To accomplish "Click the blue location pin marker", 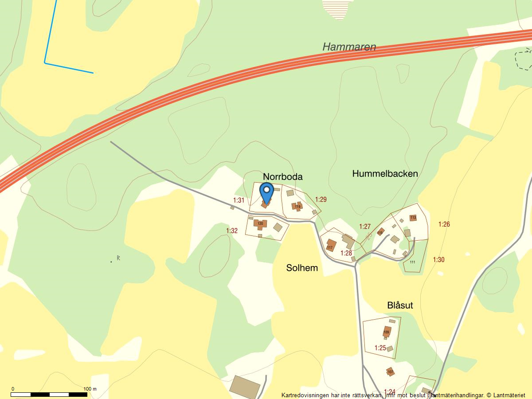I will [x=266, y=192].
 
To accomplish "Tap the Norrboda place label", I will [x=283, y=177].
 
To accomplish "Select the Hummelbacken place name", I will [x=385, y=173].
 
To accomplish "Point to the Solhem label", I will [x=302, y=268].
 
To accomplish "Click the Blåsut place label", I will [x=400, y=305].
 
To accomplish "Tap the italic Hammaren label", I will [x=349, y=47].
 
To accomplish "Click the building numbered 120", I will [x=260, y=223].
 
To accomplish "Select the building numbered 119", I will [x=297, y=206].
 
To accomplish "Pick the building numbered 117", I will [x=330, y=245].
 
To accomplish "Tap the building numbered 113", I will [x=413, y=218].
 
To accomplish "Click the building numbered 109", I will [x=387, y=332].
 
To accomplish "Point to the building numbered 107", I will [x=390, y=372].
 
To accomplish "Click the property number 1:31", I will [x=239, y=200].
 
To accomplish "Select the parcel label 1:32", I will [x=232, y=231].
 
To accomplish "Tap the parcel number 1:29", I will [x=321, y=199].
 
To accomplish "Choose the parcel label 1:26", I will [x=444, y=224].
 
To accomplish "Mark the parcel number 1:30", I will [x=438, y=260].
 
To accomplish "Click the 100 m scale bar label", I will [x=90, y=389].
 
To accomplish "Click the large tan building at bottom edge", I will [x=245, y=387].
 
